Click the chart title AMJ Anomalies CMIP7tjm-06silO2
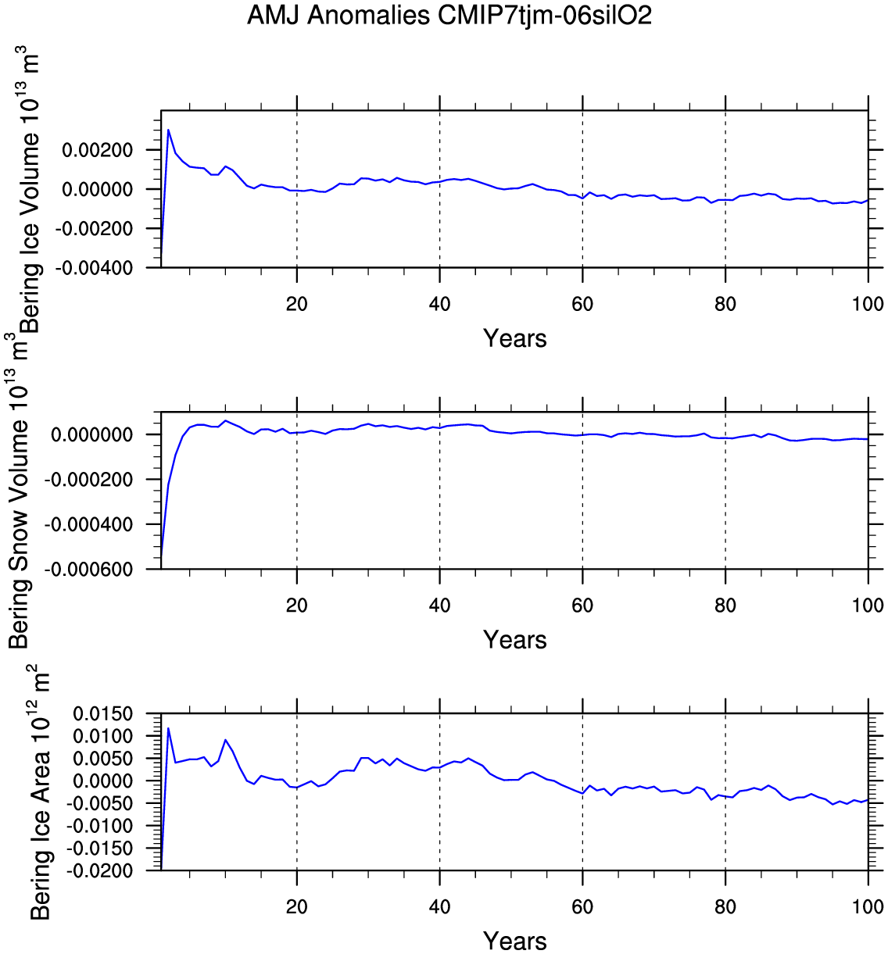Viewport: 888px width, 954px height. [x=449, y=15]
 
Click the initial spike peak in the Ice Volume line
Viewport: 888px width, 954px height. [x=168, y=130]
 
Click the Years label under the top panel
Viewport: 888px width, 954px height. [x=514, y=338]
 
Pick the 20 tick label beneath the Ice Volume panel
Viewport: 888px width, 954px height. [x=297, y=304]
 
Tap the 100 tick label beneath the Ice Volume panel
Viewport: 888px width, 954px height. [x=868, y=304]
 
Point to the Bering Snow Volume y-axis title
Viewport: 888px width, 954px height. [x=19, y=492]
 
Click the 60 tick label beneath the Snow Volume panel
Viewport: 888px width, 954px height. [x=582, y=605]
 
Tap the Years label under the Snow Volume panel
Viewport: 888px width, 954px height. [x=514, y=640]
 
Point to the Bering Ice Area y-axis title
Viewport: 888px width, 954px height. [x=40, y=793]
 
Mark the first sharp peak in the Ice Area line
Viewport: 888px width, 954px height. [x=168, y=728]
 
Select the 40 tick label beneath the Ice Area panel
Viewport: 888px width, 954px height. [x=439, y=906]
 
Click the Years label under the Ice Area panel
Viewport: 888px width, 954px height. [x=514, y=941]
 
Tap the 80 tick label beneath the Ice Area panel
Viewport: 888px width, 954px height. [x=725, y=906]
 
